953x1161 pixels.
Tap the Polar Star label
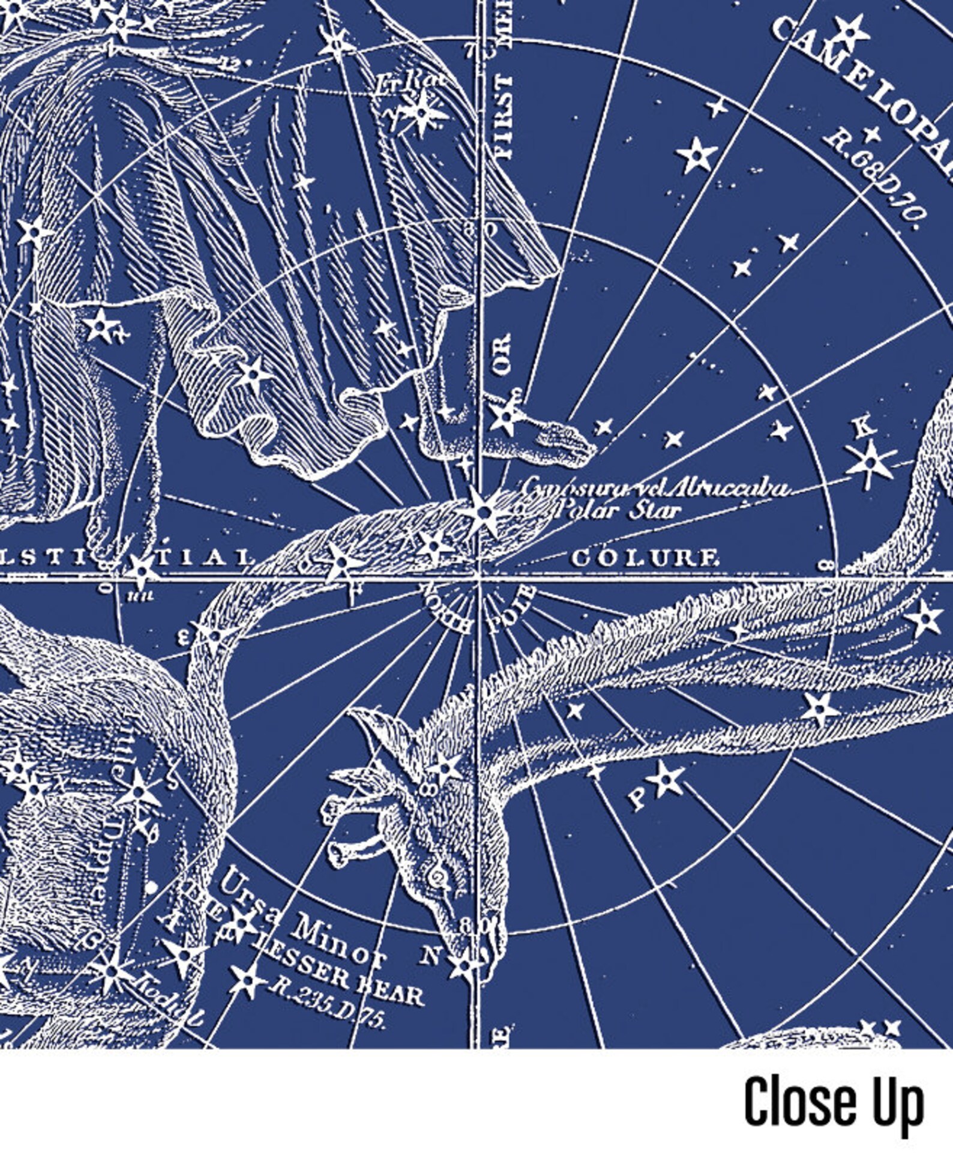coord(618,511)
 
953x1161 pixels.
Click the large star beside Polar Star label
coord(483,512)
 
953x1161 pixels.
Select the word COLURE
coord(645,559)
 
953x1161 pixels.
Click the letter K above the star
coord(863,427)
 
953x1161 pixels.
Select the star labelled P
coord(666,780)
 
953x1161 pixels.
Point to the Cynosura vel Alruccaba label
coord(654,487)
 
